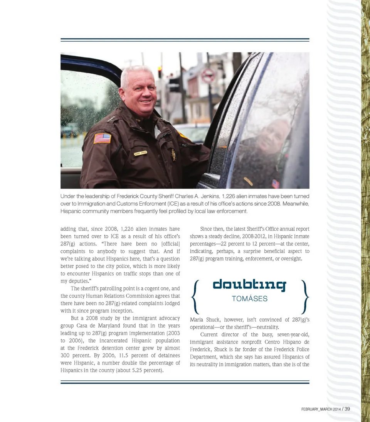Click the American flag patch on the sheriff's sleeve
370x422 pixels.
[102, 138]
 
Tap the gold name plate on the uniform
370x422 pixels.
[141, 153]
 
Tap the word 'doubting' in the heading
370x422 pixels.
[249, 285]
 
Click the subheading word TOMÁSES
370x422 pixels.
[249, 299]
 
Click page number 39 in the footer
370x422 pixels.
[347, 409]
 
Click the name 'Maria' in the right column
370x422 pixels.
[198, 319]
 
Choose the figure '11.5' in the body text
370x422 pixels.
[126, 355]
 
